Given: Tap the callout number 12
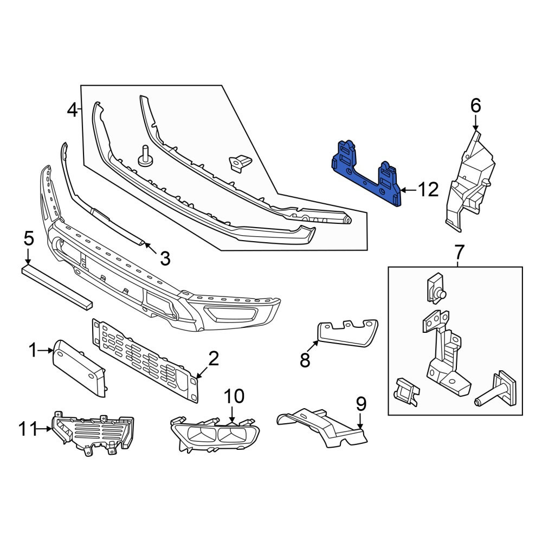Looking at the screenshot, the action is pyautogui.click(x=428, y=190).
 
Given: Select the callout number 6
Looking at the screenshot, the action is pyautogui.click(x=476, y=105).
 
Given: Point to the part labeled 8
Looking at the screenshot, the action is pyautogui.click(x=347, y=333).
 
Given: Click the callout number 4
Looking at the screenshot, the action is pyautogui.click(x=72, y=111).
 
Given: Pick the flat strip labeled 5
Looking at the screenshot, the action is pyautogui.click(x=57, y=286).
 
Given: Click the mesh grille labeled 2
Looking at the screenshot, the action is pyautogui.click(x=145, y=360).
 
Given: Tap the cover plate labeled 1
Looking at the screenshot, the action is pyautogui.click(x=79, y=367).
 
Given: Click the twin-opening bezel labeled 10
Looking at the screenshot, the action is pyautogui.click(x=215, y=434).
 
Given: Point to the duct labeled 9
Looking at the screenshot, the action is pyautogui.click(x=321, y=427).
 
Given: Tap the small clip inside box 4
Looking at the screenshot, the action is pyautogui.click(x=240, y=162).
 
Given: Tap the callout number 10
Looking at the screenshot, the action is pyautogui.click(x=234, y=396).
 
